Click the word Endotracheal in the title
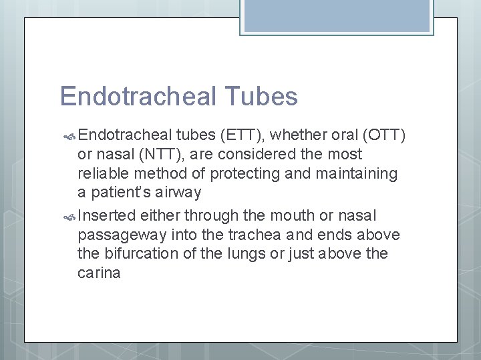(x=137, y=97)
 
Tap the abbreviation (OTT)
(x=384, y=135)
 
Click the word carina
(x=99, y=273)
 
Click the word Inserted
(x=107, y=215)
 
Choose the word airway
(x=178, y=193)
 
